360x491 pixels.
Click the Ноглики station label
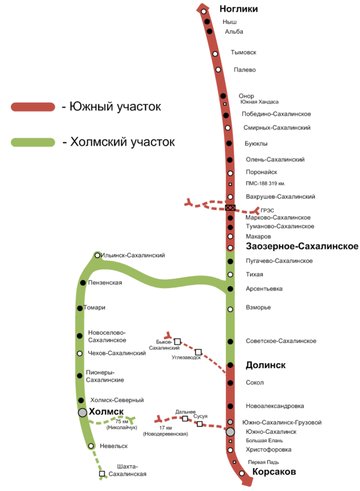click(239, 9)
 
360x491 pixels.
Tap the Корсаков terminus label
click(274, 472)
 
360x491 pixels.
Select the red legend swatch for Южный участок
click(33, 107)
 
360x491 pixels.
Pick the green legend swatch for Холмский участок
click(33, 142)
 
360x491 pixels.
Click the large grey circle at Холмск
click(82, 413)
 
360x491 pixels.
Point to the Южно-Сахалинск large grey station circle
click(230, 432)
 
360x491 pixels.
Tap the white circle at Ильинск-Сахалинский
click(98, 256)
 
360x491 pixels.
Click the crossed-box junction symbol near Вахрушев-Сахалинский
click(230, 208)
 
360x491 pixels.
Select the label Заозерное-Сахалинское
click(302, 247)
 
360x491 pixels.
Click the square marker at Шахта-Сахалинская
click(102, 474)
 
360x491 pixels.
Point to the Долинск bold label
click(266, 365)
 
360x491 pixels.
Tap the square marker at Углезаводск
click(198, 352)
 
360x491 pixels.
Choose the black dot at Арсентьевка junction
click(230, 289)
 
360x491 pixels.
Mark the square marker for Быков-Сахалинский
click(177, 341)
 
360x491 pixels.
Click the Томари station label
click(94, 308)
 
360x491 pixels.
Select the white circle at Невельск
click(91, 446)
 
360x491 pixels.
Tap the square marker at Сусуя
click(200, 424)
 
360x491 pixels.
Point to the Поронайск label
click(261, 172)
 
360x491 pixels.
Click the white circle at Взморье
click(230, 309)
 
